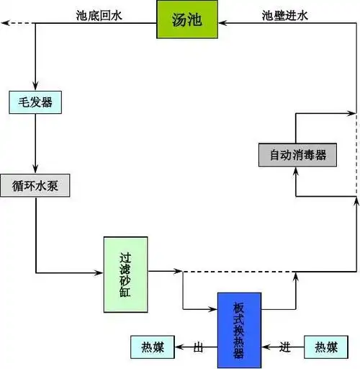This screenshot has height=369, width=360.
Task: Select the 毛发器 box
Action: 35,102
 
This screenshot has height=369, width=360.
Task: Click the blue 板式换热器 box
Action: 239,324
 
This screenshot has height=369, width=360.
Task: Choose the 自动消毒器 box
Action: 297,155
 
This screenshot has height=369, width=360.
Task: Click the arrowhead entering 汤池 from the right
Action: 223,23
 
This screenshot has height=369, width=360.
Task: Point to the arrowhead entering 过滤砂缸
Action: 99,272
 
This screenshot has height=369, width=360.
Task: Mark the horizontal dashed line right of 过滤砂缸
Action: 238,272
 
